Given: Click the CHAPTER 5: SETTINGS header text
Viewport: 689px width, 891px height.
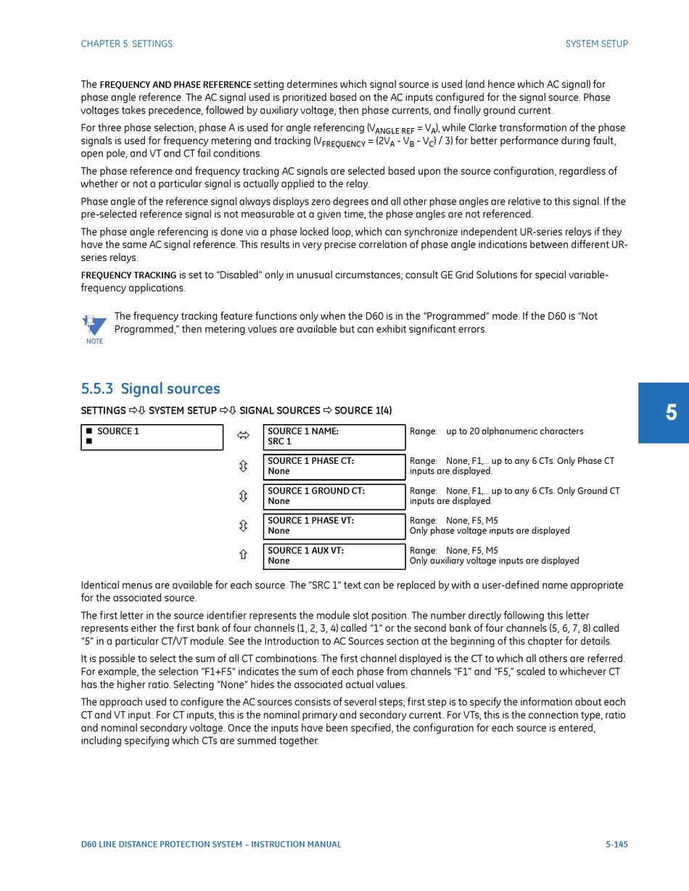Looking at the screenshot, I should click(126, 43).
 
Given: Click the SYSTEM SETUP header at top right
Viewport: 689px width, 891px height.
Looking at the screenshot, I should click(596, 43).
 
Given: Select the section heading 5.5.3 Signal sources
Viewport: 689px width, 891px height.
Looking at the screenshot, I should click(150, 389).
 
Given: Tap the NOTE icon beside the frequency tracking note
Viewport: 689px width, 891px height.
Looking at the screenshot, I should click(94, 328).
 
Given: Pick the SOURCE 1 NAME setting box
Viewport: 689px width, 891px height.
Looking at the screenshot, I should click(334, 436).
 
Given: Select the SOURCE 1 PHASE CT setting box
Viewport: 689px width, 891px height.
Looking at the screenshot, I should click(334, 466).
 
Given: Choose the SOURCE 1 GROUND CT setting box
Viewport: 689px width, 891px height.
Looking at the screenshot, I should click(334, 496).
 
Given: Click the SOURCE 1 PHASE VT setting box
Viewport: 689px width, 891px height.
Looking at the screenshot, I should click(334, 526).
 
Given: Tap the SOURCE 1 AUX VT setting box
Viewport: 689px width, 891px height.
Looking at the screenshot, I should click(334, 556).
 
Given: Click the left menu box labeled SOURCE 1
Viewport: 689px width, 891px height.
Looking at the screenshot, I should click(152, 436).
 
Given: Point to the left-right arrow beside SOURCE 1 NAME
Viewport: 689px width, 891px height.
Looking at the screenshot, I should click(243, 436).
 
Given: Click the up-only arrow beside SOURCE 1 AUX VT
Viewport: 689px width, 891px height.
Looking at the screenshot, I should click(243, 555).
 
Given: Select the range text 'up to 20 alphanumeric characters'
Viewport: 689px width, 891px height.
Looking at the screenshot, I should click(514, 431).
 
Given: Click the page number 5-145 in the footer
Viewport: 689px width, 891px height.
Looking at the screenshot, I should click(616, 844).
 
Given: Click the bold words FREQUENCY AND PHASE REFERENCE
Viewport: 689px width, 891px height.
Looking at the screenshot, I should click(175, 85).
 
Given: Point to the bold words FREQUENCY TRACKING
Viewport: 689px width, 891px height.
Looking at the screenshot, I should click(128, 275).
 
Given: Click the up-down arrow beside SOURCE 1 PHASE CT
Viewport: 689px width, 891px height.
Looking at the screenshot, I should click(243, 466).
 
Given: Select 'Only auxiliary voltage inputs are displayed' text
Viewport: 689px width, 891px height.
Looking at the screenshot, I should click(494, 561).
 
